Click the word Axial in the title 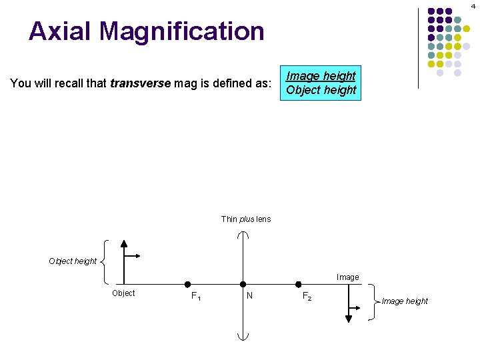(61, 31)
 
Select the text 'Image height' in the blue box (321, 76)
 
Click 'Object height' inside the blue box (321, 90)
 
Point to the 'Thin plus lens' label (246, 219)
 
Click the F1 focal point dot (188, 285)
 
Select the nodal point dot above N (243, 285)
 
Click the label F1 (196, 297)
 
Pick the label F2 (306, 296)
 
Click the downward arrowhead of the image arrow (348, 319)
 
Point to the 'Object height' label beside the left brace (73, 261)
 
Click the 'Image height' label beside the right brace (405, 301)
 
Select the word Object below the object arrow (123, 293)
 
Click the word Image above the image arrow (348, 277)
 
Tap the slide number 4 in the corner (473, 5)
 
